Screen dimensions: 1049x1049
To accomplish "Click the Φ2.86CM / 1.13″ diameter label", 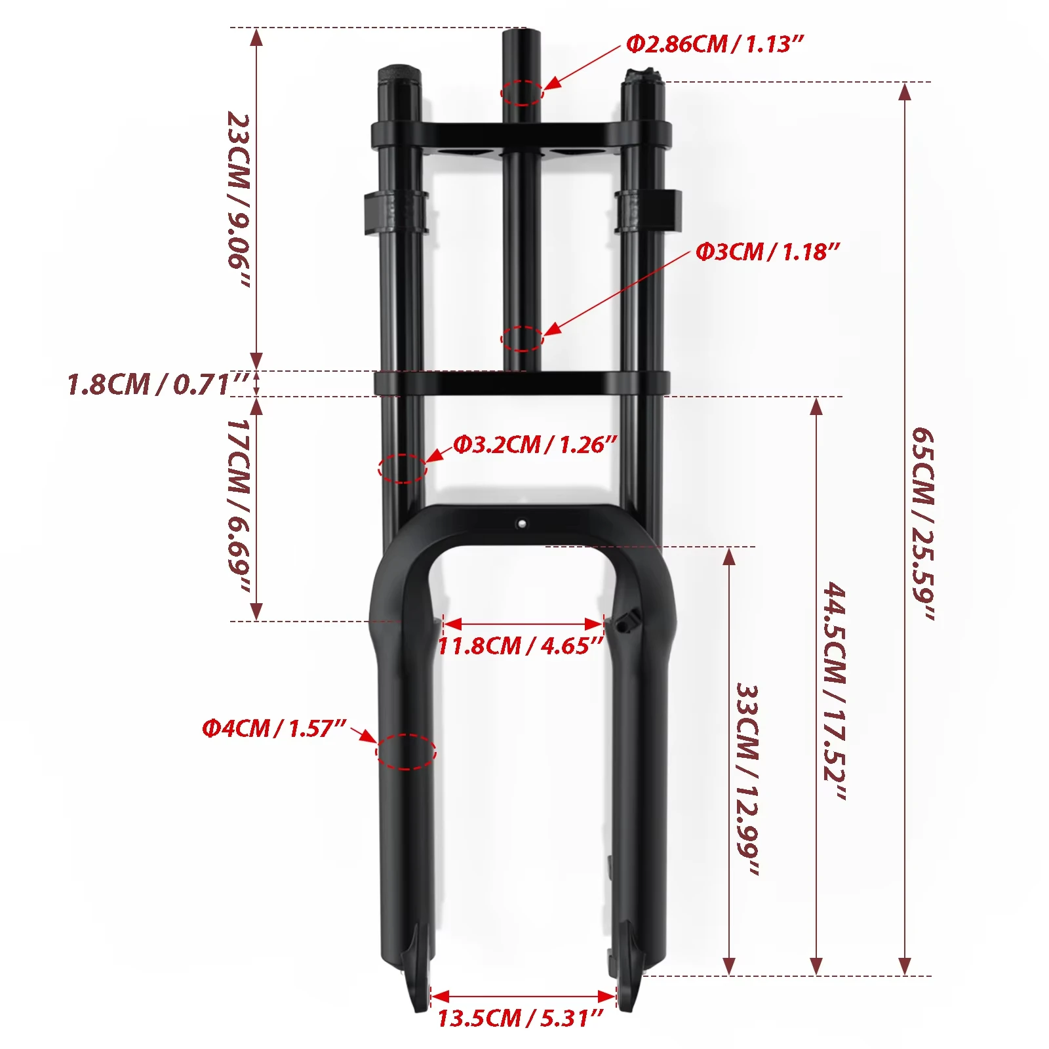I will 714,44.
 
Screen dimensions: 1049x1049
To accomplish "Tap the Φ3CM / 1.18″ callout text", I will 767,252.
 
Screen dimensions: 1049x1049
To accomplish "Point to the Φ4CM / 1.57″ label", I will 273,728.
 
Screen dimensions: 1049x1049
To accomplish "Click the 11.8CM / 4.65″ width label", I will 520,646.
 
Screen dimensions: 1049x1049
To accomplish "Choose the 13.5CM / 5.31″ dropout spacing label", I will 520,1018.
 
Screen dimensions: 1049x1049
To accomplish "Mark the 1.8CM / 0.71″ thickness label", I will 157,384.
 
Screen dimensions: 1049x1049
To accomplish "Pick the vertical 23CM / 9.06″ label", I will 239,200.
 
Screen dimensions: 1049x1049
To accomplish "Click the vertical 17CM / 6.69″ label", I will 239,505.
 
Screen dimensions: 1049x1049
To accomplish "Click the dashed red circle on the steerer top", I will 522,92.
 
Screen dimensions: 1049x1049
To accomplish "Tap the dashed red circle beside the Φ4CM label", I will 406,751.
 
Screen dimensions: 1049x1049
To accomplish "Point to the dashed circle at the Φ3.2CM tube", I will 403,468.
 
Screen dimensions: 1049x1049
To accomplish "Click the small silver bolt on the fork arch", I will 521,524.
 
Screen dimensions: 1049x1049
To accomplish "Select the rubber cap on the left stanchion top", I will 397,73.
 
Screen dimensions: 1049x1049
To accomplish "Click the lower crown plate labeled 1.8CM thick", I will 522,383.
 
